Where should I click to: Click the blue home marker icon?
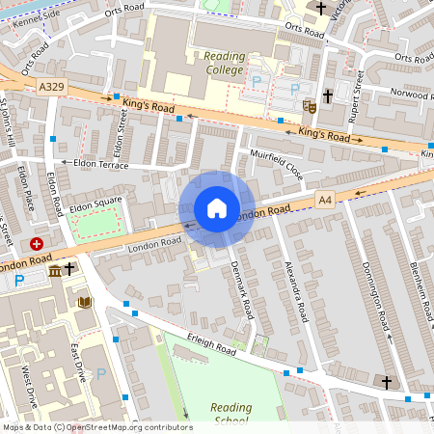tap(217, 208)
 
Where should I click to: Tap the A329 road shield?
tap(53, 87)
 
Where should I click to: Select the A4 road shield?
tap(326, 200)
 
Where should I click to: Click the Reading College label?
tap(225, 63)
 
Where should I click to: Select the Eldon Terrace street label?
tap(94, 165)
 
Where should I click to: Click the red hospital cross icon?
tap(37, 245)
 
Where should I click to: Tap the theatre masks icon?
tap(309, 105)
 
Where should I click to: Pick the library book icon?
tap(85, 303)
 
